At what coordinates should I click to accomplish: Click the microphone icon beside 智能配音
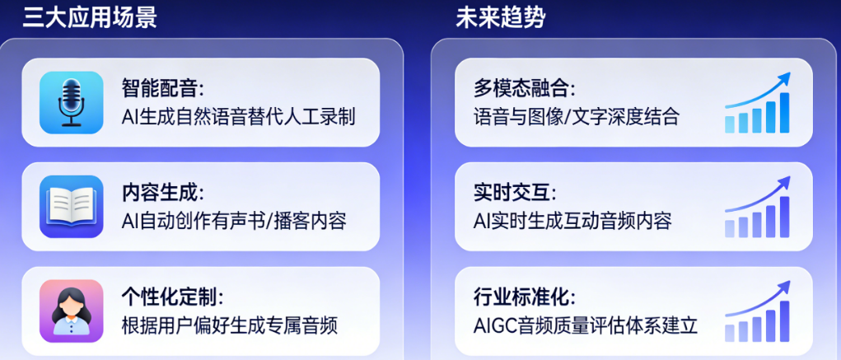(x=72, y=102)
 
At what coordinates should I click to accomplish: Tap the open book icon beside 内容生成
(x=72, y=206)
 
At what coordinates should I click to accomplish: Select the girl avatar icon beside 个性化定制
(x=72, y=311)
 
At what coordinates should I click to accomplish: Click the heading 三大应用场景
(x=90, y=18)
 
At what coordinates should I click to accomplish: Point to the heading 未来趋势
(x=501, y=18)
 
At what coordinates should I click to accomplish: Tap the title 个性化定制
(x=172, y=297)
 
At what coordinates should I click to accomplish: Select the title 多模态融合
(x=524, y=88)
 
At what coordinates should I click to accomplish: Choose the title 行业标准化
(x=524, y=297)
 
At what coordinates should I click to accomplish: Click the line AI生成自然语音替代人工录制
(x=238, y=116)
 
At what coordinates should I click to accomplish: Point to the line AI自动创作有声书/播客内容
(x=234, y=221)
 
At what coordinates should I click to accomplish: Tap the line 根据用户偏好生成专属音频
(x=230, y=325)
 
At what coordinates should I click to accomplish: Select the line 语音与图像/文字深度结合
(x=577, y=116)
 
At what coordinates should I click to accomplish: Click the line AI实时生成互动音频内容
(x=572, y=221)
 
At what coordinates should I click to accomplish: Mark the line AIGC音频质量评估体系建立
(x=585, y=325)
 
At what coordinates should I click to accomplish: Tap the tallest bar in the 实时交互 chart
(x=784, y=217)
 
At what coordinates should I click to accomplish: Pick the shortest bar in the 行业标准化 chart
(x=730, y=333)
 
